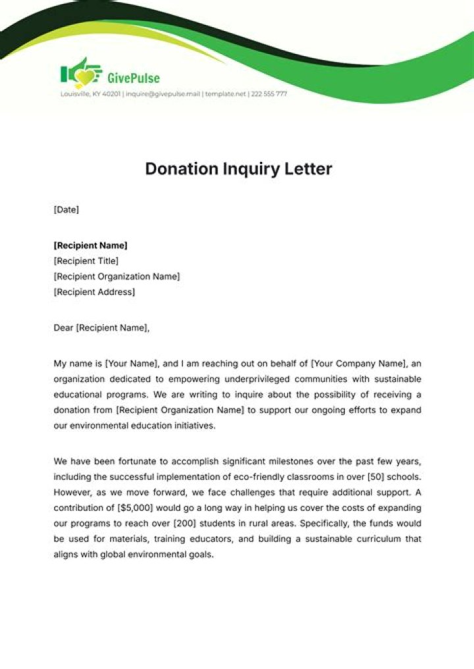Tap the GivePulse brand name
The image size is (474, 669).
point(133,78)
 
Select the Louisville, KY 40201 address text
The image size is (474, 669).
point(90,94)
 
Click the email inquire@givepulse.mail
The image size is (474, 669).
point(162,94)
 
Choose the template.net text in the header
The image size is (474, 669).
point(226,94)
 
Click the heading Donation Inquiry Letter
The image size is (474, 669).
point(238,169)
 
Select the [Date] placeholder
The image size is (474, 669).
point(66,209)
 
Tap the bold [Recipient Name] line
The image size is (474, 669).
point(90,246)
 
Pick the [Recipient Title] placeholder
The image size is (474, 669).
point(86,261)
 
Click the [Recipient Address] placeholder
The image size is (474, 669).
point(94,292)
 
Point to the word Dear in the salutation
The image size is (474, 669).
point(64,327)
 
